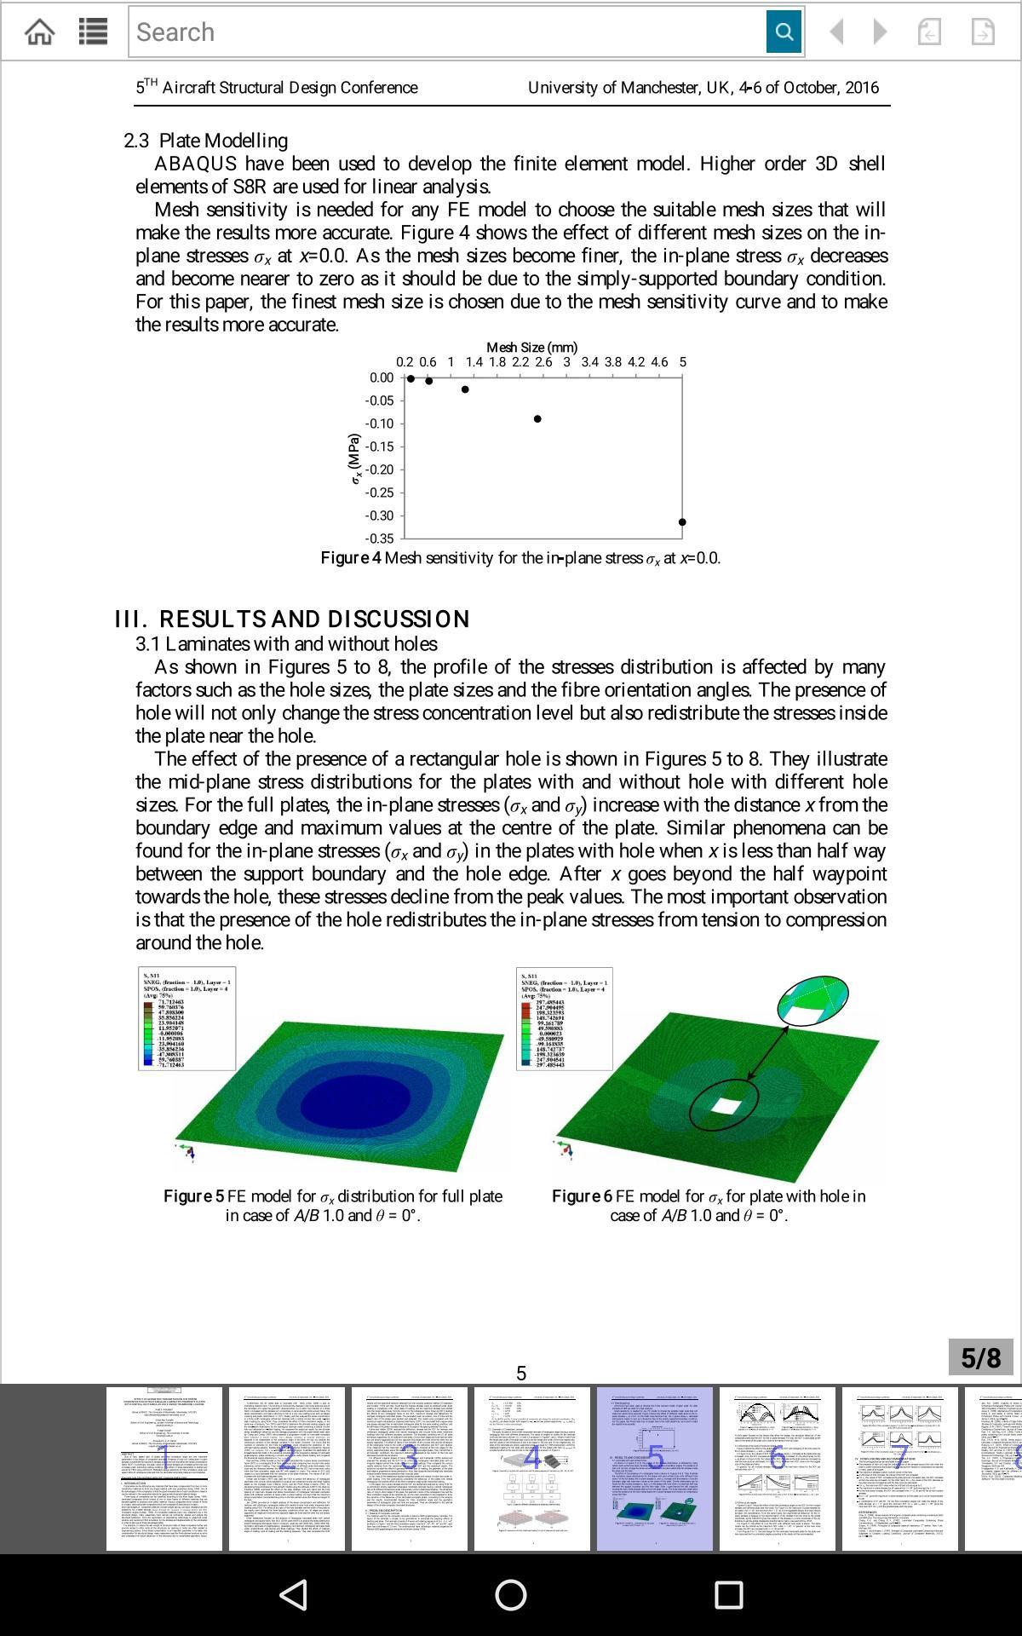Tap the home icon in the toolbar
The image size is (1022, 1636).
point(40,32)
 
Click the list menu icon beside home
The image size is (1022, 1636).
point(93,32)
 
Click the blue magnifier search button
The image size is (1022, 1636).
point(784,32)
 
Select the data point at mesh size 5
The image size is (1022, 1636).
point(682,522)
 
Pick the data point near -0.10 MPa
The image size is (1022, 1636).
point(537,418)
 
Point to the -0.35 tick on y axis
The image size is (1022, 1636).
point(379,539)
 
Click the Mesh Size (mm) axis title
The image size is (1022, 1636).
point(531,347)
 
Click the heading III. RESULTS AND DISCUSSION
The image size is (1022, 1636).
point(292,619)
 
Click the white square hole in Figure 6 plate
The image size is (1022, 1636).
point(726,1107)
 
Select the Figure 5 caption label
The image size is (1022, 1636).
point(193,1196)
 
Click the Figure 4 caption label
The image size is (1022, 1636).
point(351,558)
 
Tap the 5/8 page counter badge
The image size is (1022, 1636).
point(980,1357)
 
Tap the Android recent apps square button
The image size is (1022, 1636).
point(728,1594)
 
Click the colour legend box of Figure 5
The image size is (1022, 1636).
point(187,1018)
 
